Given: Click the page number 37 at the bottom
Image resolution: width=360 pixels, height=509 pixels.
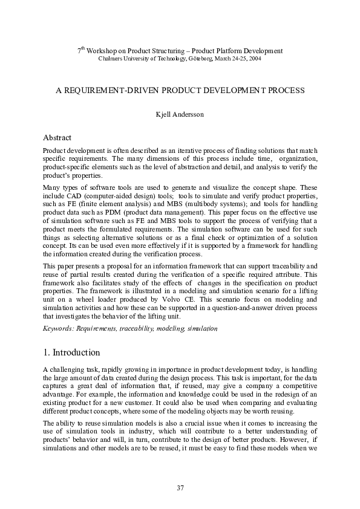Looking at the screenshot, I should (x=180, y=488).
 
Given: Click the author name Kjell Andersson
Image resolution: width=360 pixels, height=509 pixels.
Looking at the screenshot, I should (x=180, y=114).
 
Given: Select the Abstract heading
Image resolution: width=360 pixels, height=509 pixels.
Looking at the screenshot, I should (x=57, y=138).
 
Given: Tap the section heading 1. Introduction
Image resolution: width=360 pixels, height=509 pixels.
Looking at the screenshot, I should (x=71, y=352).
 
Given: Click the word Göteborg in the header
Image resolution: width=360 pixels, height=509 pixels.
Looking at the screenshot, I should (x=206, y=58).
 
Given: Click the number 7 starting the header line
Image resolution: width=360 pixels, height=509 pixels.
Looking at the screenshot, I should (x=79, y=51).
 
